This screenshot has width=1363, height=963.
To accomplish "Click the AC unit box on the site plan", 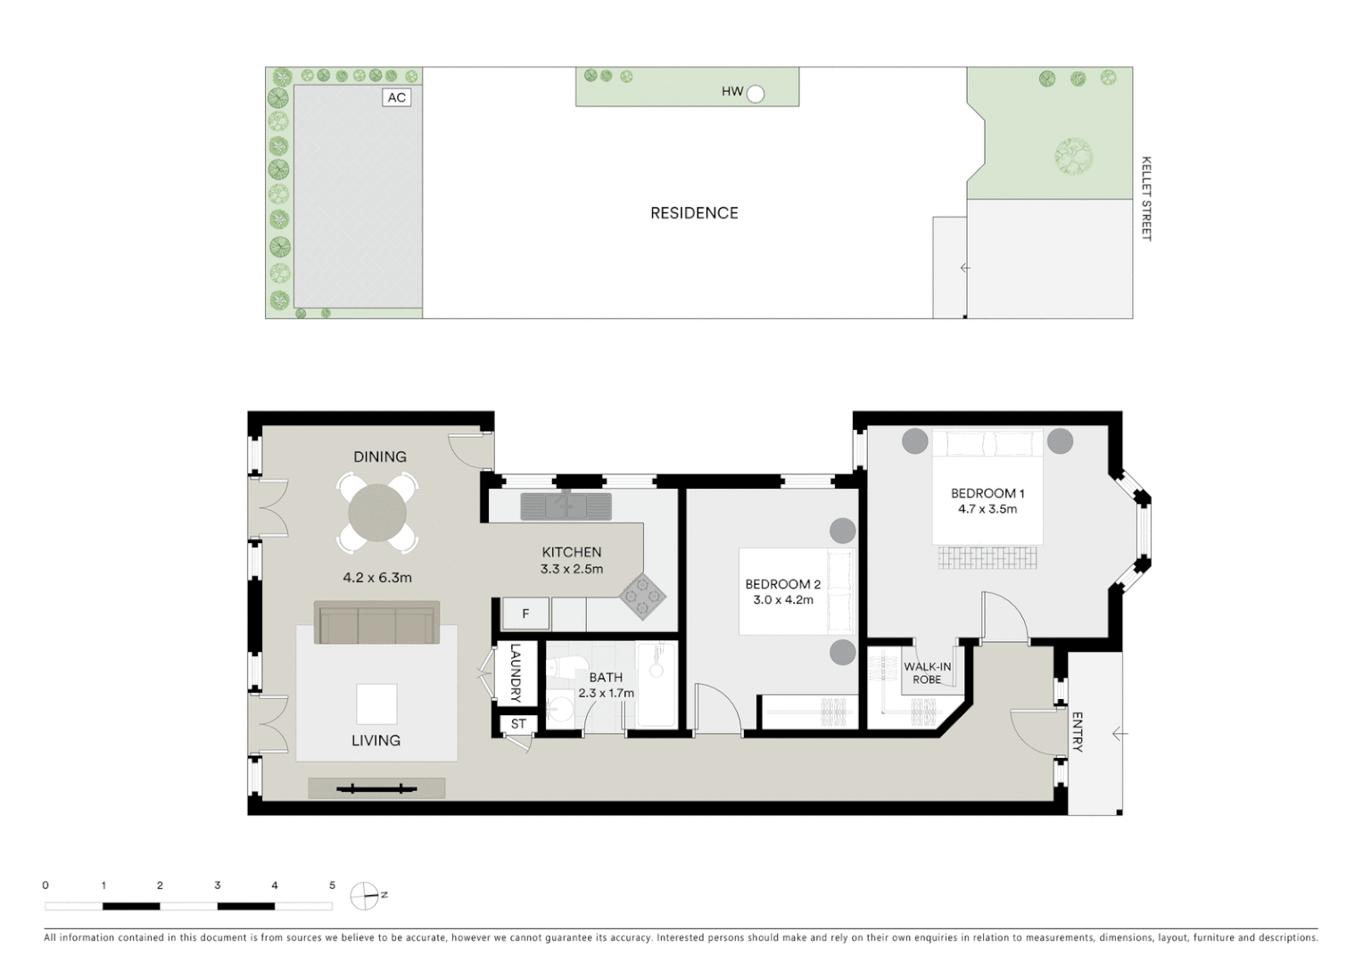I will [397, 97].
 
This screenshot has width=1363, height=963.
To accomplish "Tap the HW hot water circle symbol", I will [756, 93].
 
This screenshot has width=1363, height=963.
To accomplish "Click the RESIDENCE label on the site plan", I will [694, 213].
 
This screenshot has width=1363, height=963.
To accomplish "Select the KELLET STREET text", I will [1146, 199].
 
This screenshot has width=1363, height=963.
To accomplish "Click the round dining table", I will [377, 513].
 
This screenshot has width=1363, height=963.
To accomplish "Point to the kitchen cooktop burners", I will [643, 596].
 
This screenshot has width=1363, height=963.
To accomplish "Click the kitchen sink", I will [566, 506].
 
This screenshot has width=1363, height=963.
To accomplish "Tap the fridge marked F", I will [525, 613].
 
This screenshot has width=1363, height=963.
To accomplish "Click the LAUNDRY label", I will [515, 673].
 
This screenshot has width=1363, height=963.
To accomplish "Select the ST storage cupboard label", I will [518, 724].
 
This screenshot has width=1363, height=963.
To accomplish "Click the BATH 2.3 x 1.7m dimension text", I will [607, 693].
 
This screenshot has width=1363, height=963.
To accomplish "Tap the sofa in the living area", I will [376, 622].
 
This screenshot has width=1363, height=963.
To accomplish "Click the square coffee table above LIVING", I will [376, 704].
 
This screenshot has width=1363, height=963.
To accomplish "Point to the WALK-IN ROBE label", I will [927, 673].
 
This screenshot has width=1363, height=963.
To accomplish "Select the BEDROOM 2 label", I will [782, 584].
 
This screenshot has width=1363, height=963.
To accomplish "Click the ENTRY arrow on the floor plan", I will [1119, 733].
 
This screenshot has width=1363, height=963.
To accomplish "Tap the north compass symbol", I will [365, 895].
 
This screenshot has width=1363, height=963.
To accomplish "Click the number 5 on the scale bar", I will [332, 885].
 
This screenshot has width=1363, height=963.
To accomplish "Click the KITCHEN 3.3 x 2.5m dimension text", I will [572, 569].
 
